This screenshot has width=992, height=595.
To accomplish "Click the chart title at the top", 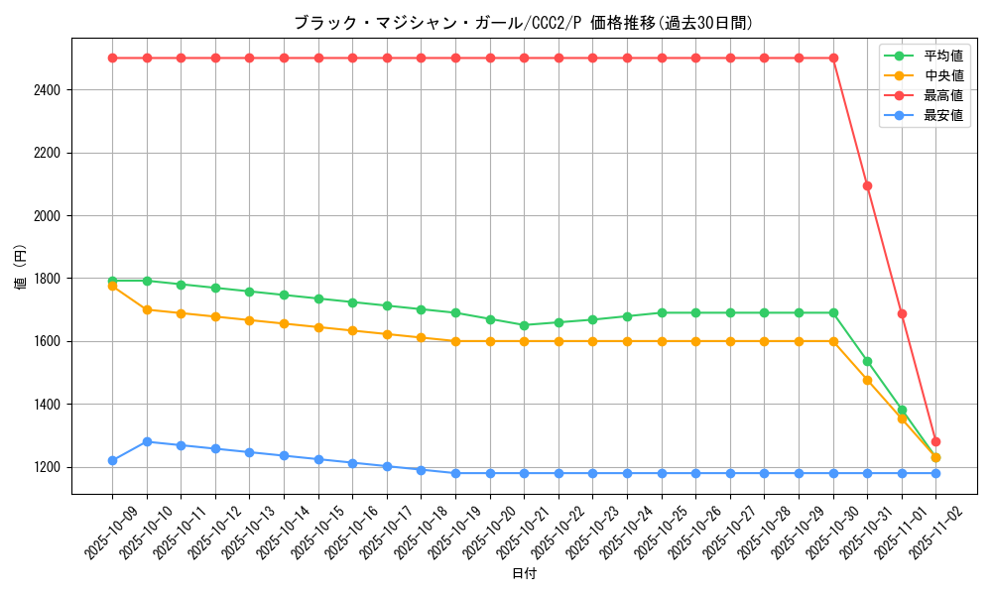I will pos(523,22).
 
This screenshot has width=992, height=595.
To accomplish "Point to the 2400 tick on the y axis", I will pos(47,90).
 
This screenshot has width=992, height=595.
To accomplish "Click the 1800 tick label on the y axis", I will pos(47,279).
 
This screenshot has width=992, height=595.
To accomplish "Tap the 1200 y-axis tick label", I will pos(47,467).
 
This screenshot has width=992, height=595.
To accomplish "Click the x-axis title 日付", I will pos(524,574).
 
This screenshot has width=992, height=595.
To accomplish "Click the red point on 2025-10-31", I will pos(867,185).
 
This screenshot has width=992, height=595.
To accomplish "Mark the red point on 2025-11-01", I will pos(902,313).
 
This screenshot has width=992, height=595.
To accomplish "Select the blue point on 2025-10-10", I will pos(147,441).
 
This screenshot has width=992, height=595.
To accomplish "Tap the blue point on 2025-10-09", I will pos(112,460).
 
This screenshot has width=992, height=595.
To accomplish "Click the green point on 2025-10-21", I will pos(524,325).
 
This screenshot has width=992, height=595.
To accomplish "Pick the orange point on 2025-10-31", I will pos(867,380).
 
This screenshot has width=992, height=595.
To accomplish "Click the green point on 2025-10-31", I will pos(867,361).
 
